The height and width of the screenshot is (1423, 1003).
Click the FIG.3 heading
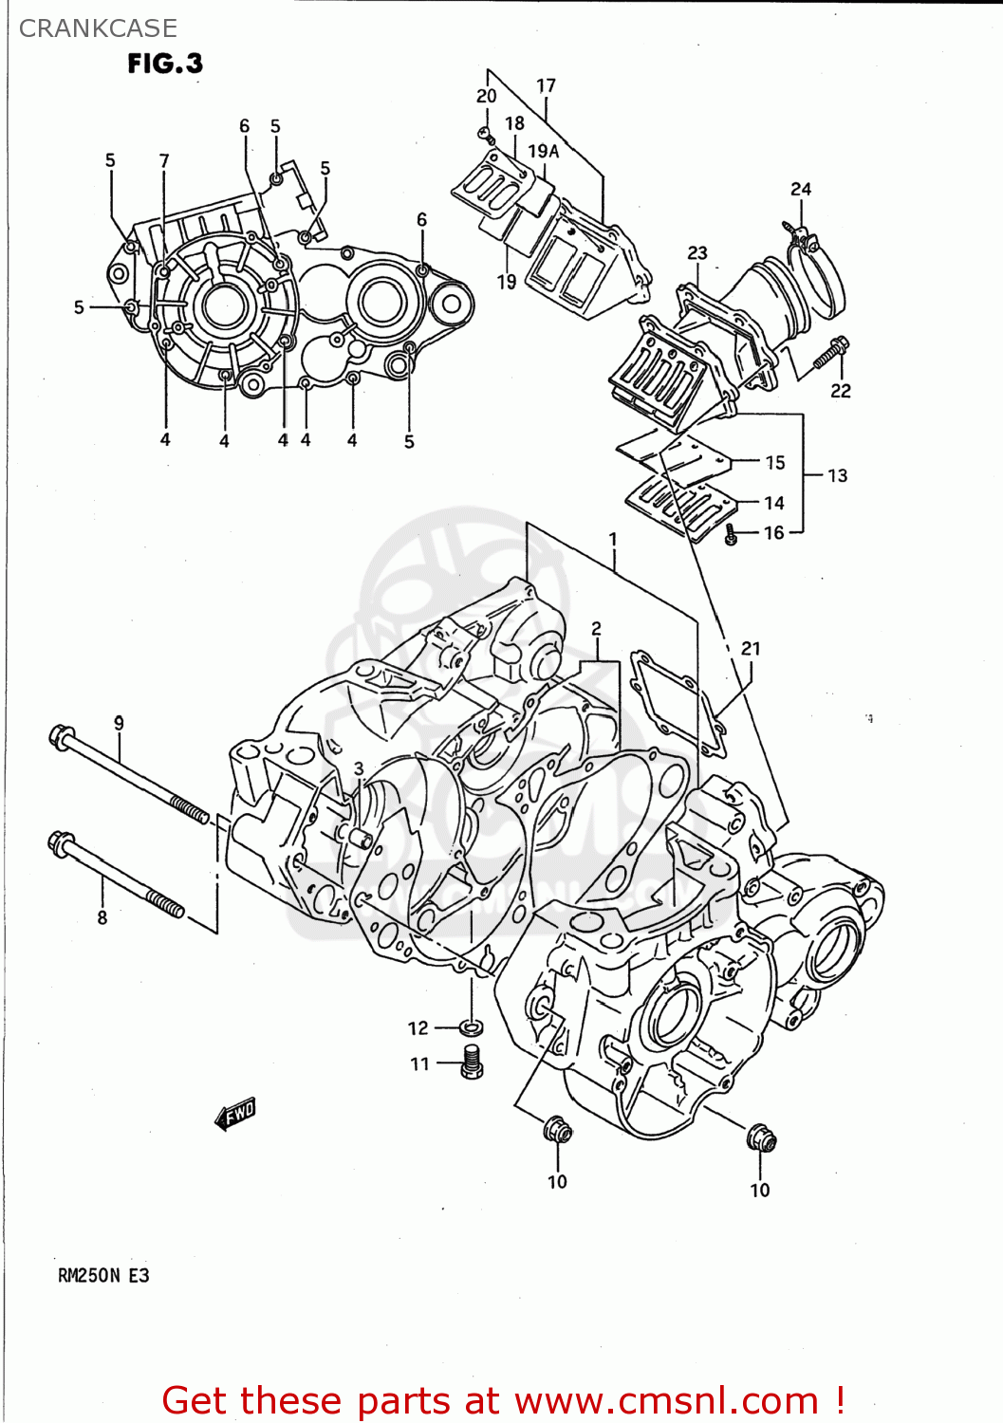165,64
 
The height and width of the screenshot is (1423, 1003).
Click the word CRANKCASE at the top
98,28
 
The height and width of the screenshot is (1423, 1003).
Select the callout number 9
119,723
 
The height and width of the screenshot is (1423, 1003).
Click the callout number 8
102,917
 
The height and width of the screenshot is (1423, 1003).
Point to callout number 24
801,189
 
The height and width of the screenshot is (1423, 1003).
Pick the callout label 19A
543,151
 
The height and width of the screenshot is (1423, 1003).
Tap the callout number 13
837,475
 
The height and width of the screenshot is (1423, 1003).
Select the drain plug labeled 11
472,1061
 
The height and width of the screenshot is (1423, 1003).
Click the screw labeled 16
731,535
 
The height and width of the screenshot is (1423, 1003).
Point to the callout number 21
751,648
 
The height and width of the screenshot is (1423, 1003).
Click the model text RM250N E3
103,1275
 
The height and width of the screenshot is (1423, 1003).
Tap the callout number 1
613,539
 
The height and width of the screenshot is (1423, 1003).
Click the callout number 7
164,160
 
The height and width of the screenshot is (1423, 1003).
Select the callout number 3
359,768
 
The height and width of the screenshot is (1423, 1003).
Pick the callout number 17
546,85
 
